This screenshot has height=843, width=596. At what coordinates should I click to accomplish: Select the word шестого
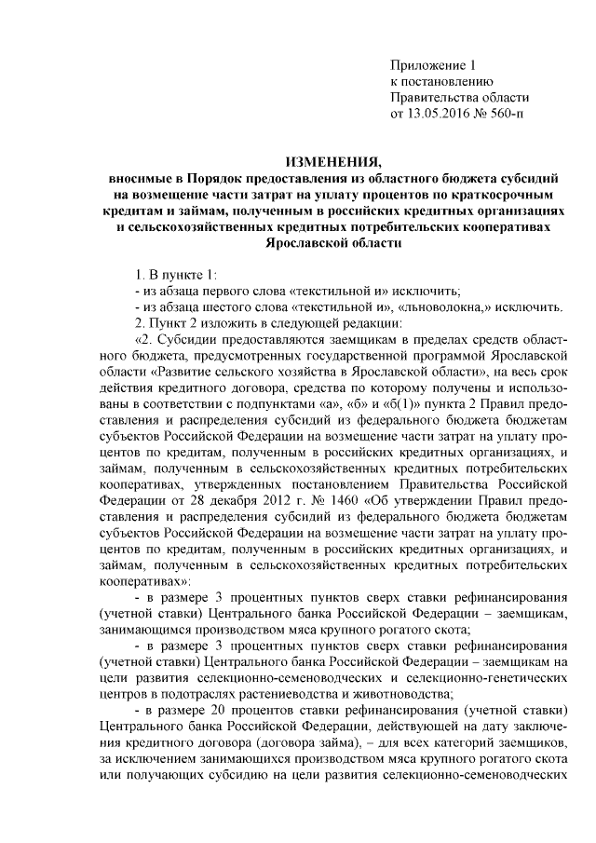222,306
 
